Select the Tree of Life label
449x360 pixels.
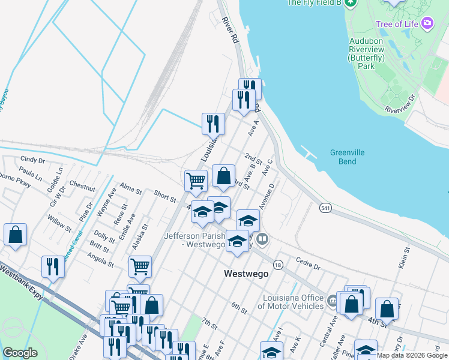coord(397,24)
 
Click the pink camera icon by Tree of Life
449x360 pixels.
coord(427,23)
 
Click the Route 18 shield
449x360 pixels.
coord(277,265)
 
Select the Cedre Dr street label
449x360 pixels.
coord(309,263)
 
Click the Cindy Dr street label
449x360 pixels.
coord(32,160)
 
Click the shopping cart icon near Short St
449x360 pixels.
coord(196,180)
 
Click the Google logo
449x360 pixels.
coord(20,353)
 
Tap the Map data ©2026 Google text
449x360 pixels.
coord(412,355)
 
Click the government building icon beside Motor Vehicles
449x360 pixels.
coord(332,301)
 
